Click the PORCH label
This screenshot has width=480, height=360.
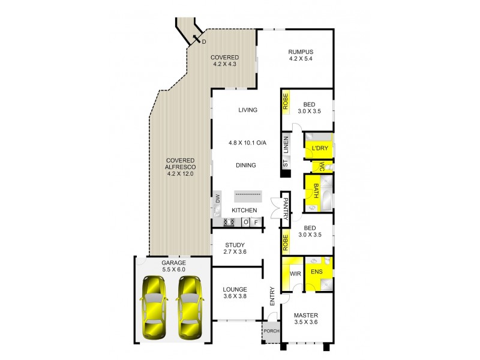coord(271,331)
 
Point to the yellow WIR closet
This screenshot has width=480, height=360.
coord(295,273)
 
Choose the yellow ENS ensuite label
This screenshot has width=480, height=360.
coord(316,272)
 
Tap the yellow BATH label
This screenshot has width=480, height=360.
coord(312,193)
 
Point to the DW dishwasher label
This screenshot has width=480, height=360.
coord(218,199)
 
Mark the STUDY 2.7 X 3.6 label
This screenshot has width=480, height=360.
coord(236,248)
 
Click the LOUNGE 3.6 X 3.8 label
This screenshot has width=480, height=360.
coord(235,292)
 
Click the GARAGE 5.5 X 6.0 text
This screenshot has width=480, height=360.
coord(173,266)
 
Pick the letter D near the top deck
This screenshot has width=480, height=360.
coord(203,41)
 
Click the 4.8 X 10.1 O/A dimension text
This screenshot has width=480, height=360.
coord(247,143)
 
